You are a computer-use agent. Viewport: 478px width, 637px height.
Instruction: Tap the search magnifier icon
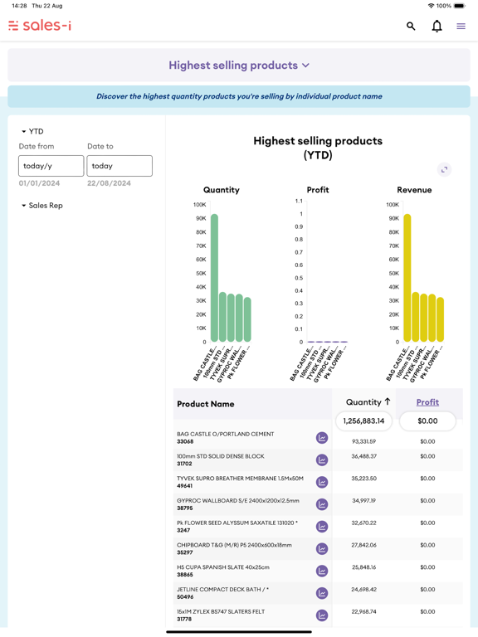tap(411, 27)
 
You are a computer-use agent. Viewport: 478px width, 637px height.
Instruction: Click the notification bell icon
tap(437, 27)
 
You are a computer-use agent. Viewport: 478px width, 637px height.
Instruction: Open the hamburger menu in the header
tap(461, 27)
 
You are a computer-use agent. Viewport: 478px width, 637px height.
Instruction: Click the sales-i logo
tap(40, 26)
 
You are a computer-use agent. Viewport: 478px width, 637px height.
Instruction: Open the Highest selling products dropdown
tap(239, 66)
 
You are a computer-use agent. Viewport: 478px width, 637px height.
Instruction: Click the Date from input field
tap(51, 166)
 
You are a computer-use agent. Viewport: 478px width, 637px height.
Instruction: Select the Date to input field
tap(119, 166)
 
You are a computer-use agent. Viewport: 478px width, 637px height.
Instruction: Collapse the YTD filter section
tap(32, 131)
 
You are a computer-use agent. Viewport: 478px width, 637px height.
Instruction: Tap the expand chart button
tap(444, 169)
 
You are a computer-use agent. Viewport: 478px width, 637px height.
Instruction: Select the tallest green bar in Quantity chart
tap(214, 278)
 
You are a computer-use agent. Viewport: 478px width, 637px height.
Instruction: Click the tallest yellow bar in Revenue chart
tap(407, 278)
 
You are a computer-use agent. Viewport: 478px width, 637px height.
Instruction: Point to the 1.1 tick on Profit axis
tap(299, 202)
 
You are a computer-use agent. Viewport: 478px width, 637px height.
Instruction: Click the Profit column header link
tap(427, 402)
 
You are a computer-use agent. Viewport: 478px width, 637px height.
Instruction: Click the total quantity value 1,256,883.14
tap(363, 421)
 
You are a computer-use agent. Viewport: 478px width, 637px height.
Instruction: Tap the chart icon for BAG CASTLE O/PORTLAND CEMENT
tap(322, 438)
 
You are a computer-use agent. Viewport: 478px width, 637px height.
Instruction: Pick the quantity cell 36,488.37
tap(363, 456)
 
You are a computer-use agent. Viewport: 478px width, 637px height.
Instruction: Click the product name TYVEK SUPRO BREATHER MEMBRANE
tap(240, 479)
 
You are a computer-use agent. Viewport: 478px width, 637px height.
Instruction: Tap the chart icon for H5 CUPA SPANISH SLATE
tap(322, 571)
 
